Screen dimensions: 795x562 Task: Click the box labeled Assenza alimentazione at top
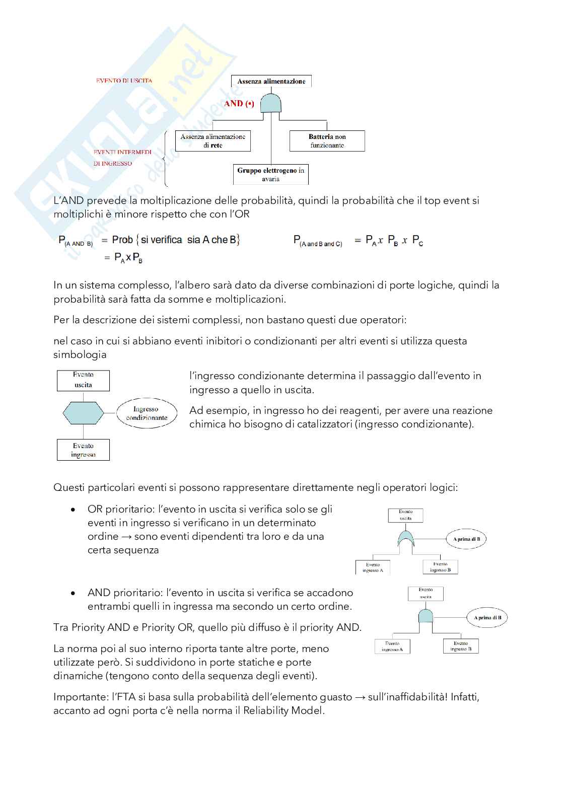pos(271,81)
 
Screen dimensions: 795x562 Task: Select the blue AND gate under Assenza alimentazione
pos(271,103)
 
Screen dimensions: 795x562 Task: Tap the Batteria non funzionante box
pos(327,141)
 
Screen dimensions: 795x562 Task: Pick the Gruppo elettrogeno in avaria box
pos(271,174)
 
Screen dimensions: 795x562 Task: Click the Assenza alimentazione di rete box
pos(213,141)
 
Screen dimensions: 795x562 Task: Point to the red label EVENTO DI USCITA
pos(124,81)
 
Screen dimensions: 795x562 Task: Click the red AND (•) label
pos(239,104)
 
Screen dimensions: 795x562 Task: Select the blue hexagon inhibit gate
pos(83,413)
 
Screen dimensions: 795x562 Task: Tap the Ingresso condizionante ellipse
pos(147,413)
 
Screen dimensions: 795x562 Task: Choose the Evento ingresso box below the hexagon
pos(83,450)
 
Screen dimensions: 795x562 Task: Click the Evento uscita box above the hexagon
pos(83,380)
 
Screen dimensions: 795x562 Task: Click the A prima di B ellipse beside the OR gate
pos(466,539)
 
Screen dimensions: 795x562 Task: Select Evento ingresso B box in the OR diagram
pos(440,567)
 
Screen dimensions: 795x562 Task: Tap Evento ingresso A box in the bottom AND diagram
pos(392,646)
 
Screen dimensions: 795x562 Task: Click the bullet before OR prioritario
pos(74,510)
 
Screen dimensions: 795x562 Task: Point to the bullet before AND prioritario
pos(74,593)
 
